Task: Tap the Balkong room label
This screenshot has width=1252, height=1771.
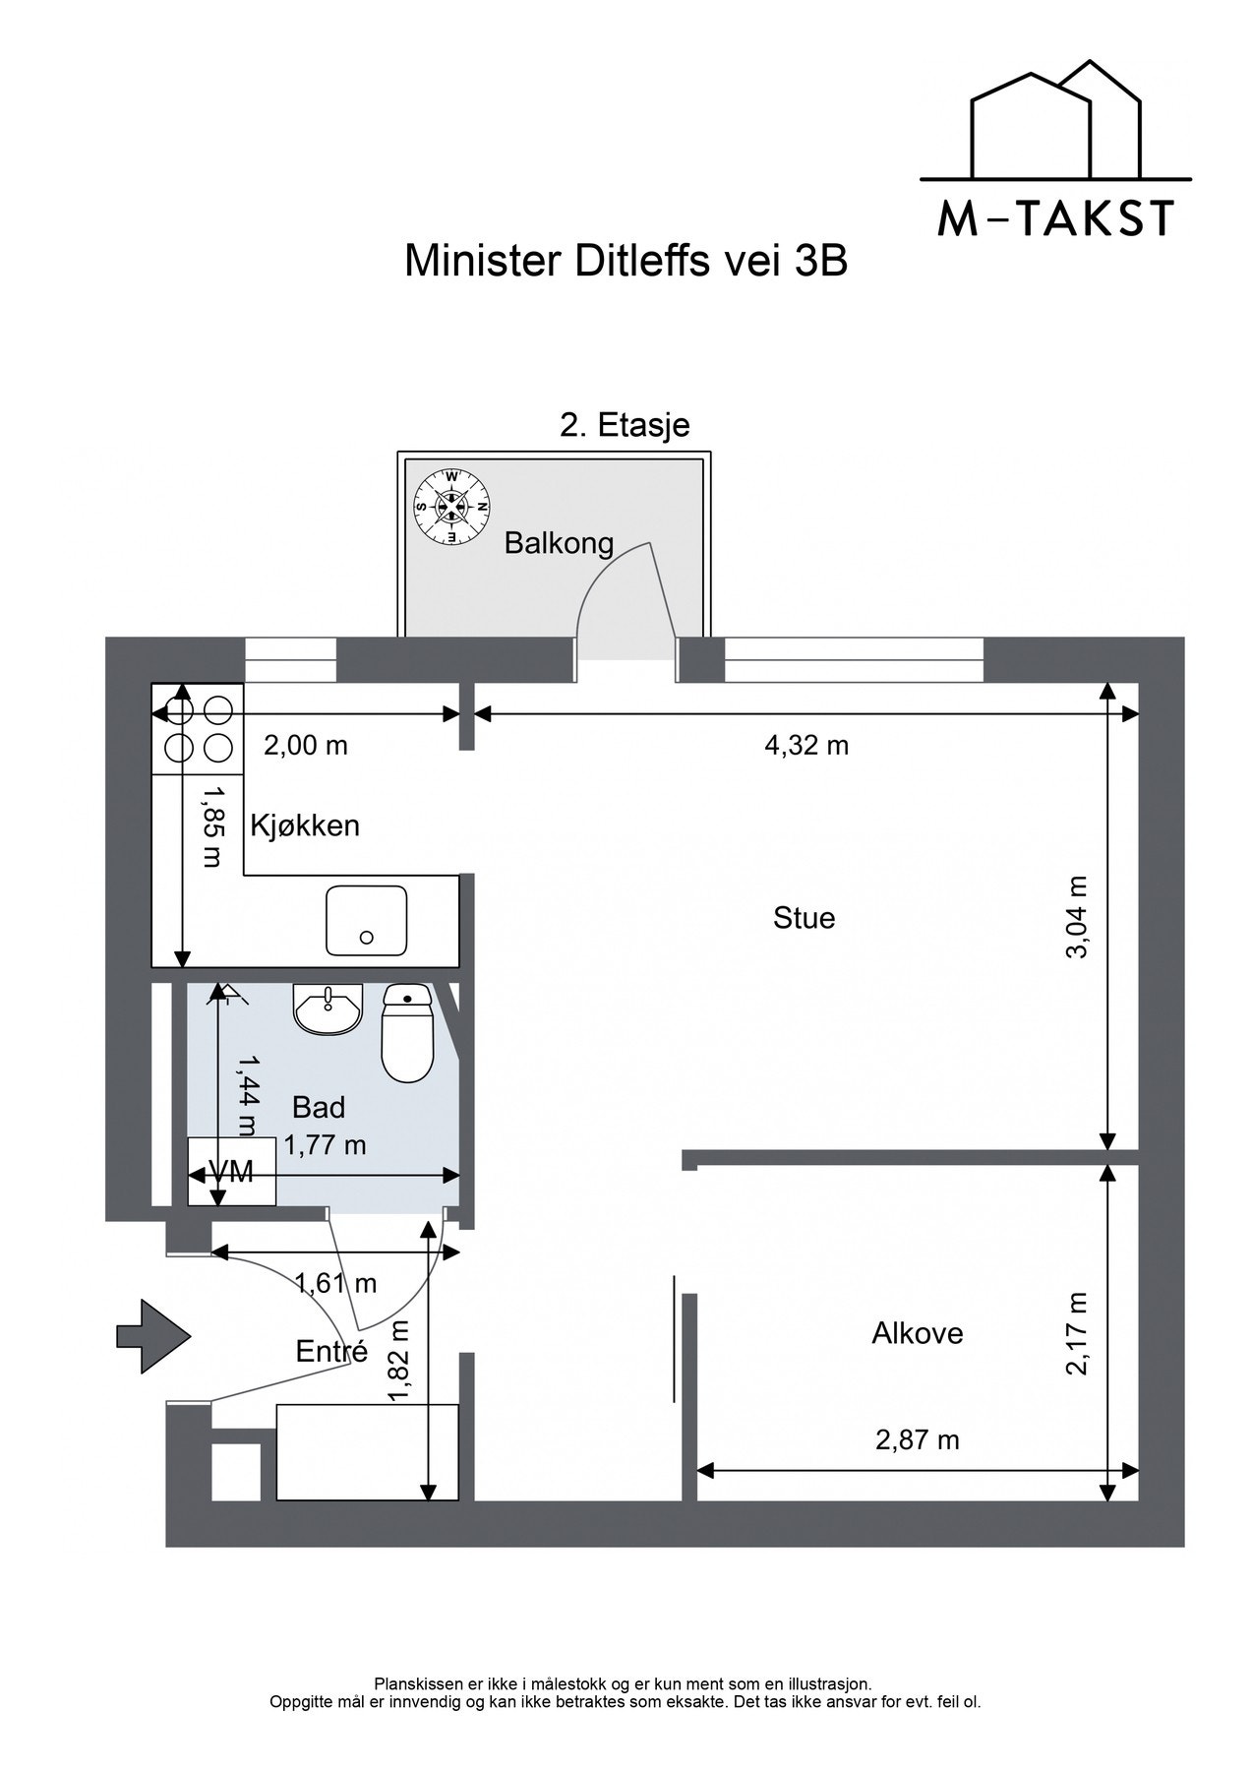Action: (x=559, y=543)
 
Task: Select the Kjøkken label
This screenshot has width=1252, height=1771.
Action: (x=305, y=824)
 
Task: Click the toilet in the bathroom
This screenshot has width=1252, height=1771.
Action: (x=407, y=1033)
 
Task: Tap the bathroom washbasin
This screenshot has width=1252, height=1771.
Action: (x=328, y=1009)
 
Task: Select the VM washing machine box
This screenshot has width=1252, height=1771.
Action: (x=232, y=1172)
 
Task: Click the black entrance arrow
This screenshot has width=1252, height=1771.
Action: (x=153, y=1335)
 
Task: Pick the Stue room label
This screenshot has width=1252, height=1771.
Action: (x=804, y=918)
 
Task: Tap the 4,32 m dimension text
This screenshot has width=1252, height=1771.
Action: (x=806, y=745)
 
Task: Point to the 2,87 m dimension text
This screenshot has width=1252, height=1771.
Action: (x=917, y=1439)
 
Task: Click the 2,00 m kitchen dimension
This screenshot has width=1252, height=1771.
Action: (x=305, y=745)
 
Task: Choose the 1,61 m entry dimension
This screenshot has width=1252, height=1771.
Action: (x=335, y=1283)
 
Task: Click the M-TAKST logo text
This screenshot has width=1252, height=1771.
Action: (x=1055, y=217)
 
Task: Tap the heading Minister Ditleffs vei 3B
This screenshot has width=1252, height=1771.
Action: (x=626, y=262)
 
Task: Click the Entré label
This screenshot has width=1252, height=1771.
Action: (x=331, y=1351)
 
